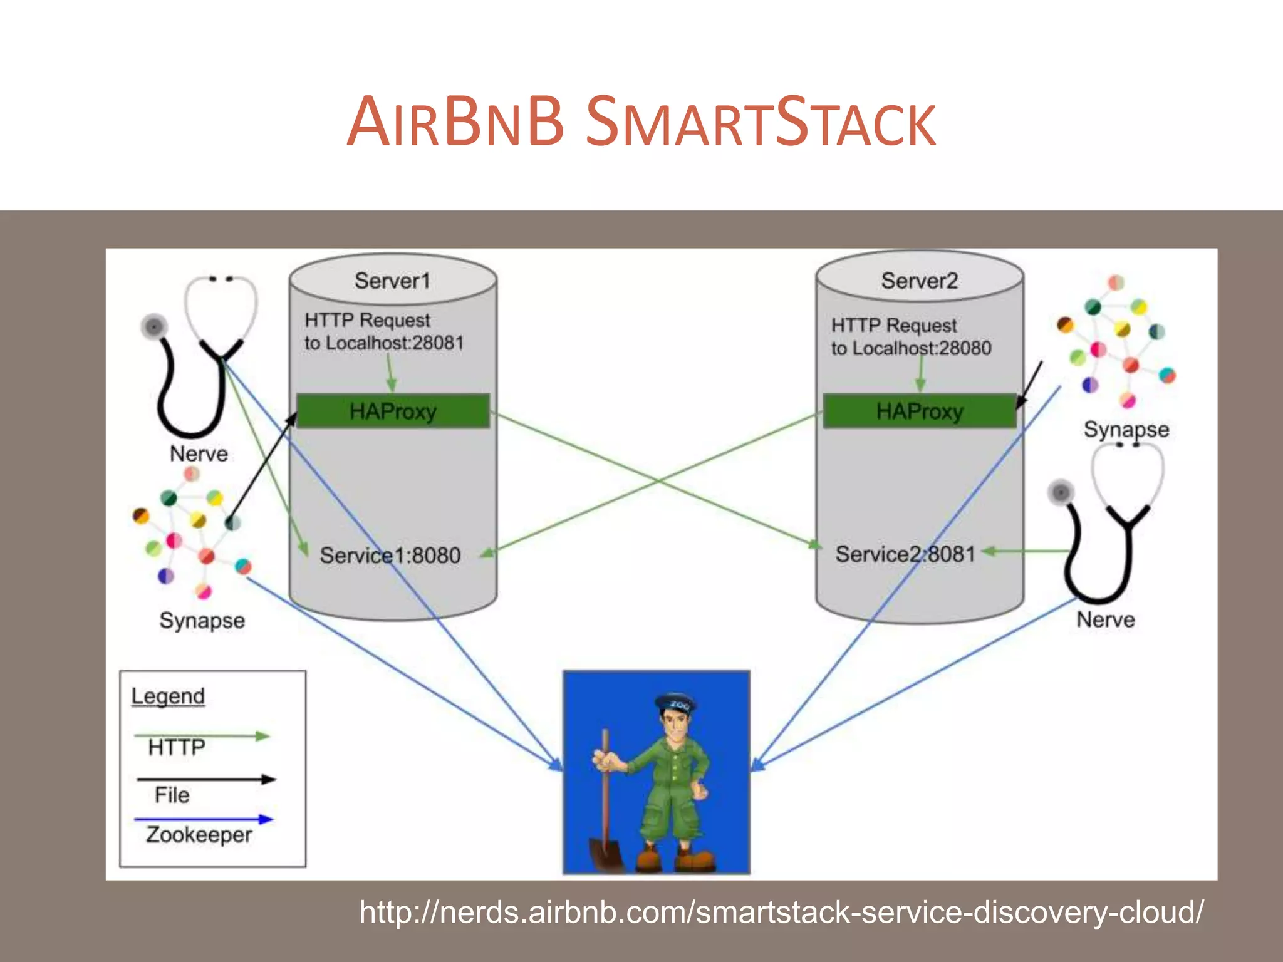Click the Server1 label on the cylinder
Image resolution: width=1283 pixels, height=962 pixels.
pyautogui.click(x=392, y=281)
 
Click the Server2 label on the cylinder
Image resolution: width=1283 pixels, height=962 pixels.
pyautogui.click(x=919, y=281)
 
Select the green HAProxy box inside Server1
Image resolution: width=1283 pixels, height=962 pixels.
pyautogui.click(x=393, y=411)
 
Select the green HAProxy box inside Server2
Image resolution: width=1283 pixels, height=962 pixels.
pyautogui.click(x=919, y=411)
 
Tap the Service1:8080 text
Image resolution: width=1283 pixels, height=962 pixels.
pyautogui.click(x=390, y=555)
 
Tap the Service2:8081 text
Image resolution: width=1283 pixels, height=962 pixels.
pyautogui.click(x=905, y=554)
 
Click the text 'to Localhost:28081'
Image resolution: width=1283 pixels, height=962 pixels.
pyautogui.click(x=384, y=343)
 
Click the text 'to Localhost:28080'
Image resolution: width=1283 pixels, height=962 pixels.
pyautogui.click(x=911, y=348)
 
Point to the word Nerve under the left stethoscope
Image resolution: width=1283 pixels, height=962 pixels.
pyautogui.click(x=199, y=453)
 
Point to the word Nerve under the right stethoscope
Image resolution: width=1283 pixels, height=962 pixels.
pyautogui.click(x=1106, y=619)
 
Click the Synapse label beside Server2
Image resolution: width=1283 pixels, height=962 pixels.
pyautogui.click(x=1126, y=430)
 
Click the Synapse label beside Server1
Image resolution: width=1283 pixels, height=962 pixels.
pyautogui.click(x=202, y=621)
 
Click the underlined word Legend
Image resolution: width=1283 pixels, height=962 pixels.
pyautogui.click(x=168, y=696)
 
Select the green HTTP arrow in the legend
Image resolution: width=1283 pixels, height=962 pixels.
pyautogui.click(x=202, y=736)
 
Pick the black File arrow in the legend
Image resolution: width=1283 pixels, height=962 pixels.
pyautogui.click(x=205, y=779)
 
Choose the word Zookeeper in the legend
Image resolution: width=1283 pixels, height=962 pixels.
pyautogui.click(x=199, y=835)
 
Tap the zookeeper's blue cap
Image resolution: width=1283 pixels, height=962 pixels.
pyautogui.click(x=675, y=703)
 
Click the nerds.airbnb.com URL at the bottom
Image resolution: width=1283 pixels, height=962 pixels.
pyautogui.click(x=781, y=912)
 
